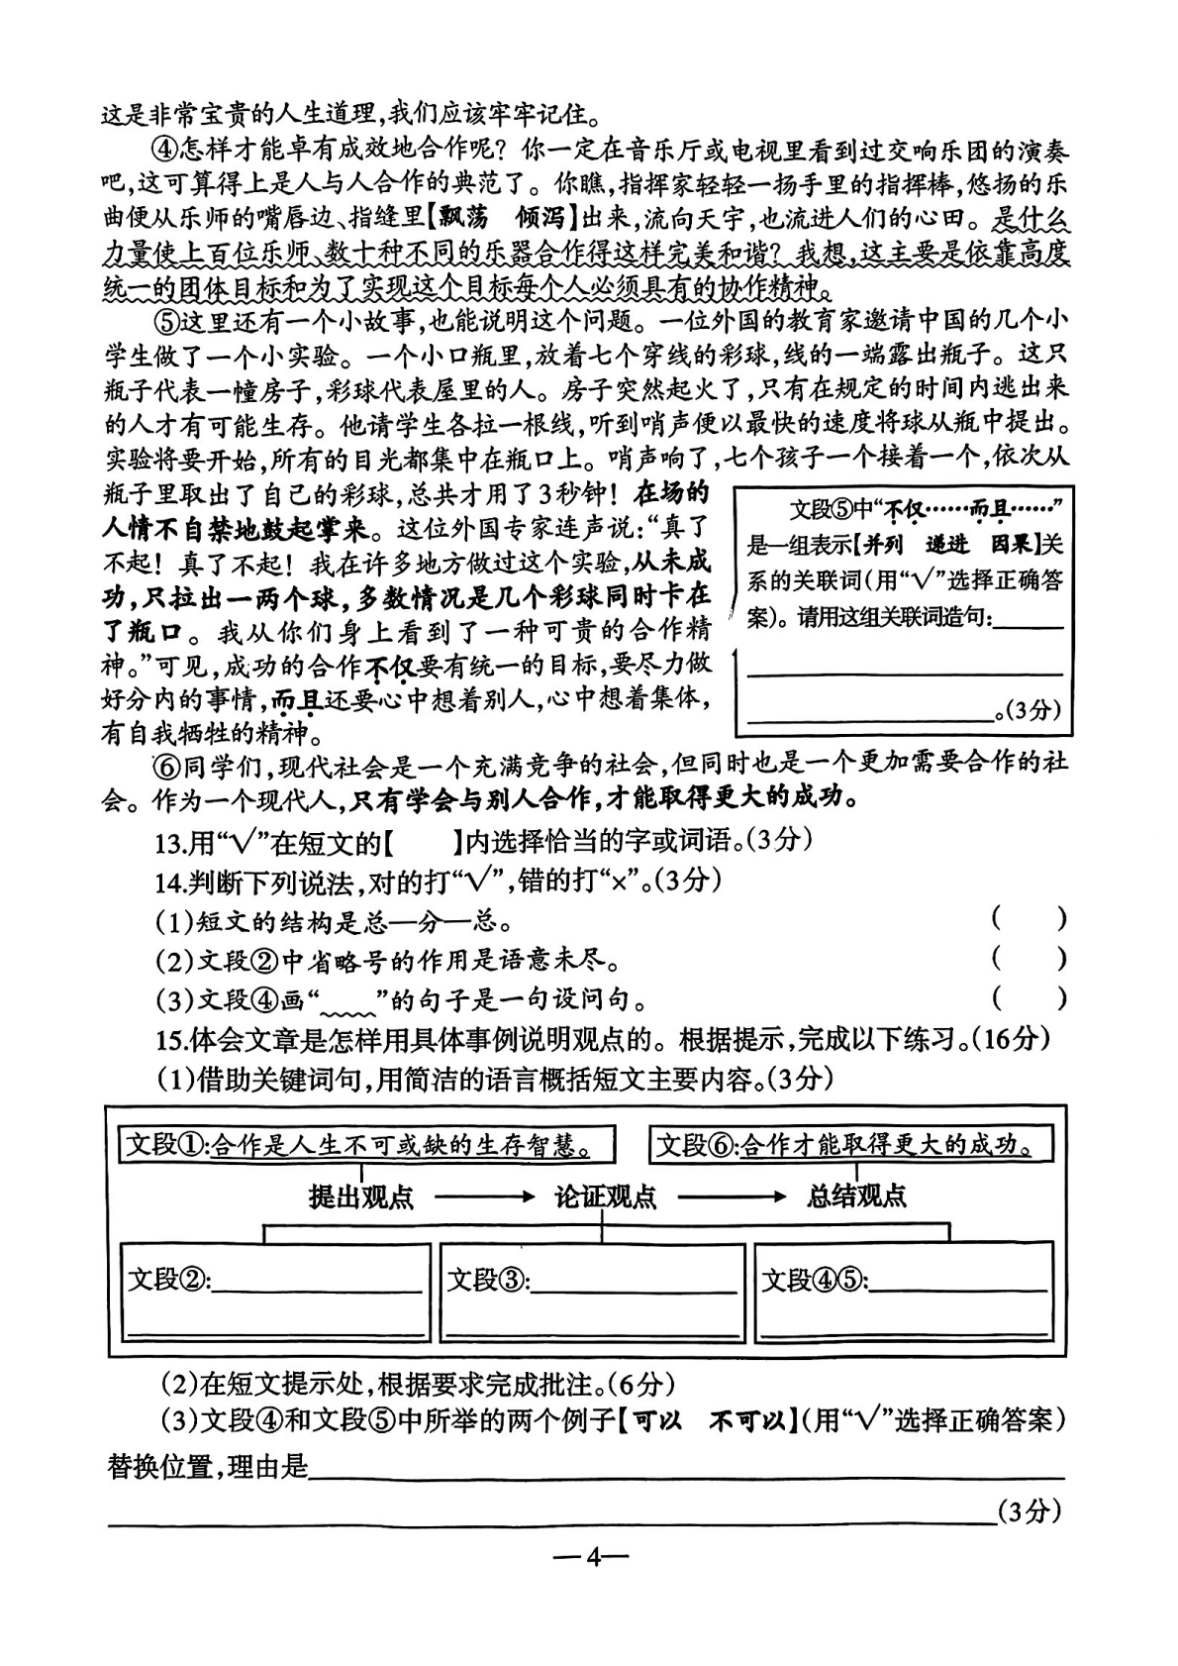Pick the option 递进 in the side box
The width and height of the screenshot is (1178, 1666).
tap(949, 544)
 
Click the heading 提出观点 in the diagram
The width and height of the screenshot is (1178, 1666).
tap(360, 1197)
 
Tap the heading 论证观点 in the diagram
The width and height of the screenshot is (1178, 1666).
tap(605, 1197)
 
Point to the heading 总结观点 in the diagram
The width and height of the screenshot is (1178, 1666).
tap(856, 1197)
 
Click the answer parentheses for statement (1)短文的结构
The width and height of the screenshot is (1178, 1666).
tap(1029, 919)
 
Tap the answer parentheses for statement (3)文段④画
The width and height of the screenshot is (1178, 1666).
tap(1029, 998)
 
